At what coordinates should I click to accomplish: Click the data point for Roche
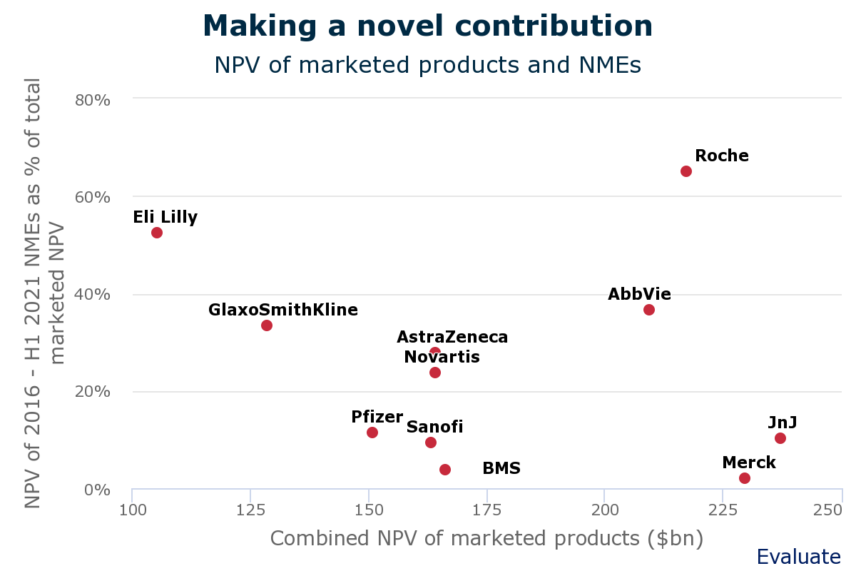coord(686,171)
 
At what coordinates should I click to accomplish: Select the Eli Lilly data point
coord(157,233)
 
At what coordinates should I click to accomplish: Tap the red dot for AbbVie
coord(649,310)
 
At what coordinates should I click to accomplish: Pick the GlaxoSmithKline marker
coord(267,325)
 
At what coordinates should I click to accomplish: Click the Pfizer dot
coord(372,433)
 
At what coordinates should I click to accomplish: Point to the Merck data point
coord(745,478)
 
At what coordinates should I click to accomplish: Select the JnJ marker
coord(780,438)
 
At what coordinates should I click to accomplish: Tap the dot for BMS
coord(445,470)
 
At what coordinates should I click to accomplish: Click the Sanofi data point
coord(431,443)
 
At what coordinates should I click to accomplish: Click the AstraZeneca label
coord(452,337)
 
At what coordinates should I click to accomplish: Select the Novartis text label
coord(442,357)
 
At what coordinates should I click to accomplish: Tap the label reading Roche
coord(722,156)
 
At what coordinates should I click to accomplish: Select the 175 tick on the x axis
coord(486,510)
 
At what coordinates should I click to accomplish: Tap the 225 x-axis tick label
coord(723,510)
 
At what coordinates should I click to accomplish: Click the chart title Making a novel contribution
coord(428,27)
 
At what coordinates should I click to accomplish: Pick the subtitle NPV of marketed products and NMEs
coord(428,65)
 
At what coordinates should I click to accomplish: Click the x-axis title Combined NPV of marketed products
coord(486,538)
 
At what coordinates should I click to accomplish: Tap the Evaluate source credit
coord(798,557)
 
